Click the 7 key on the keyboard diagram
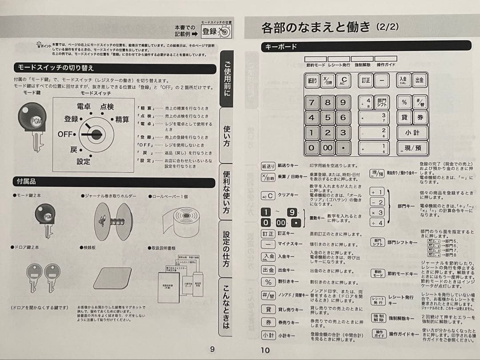pyautogui.click(x=312, y=103)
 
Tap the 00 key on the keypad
pyautogui.click(x=328, y=148)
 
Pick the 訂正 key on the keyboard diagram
pyautogui.click(x=366, y=80)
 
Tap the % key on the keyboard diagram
pyautogui.click(x=404, y=102)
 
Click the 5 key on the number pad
pyautogui.click(x=328, y=118)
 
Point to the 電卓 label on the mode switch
pyautogui.click(x=84, y=107)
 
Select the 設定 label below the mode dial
pyautogui.click(x=83, y=161)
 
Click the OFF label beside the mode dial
pyautogui.click(x=65, y=134)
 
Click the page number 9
pyautogui.click(x=212, y=349)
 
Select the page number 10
pyautogui.click(x=265, y=350)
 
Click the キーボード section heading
pyautogui.click(x=281, y=47)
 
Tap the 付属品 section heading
pyautogui.click(x=26, y=182)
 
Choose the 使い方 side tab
pyautogui.click(x=227, y=135)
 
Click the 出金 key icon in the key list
pyautogui.click(x=268, y=270)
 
